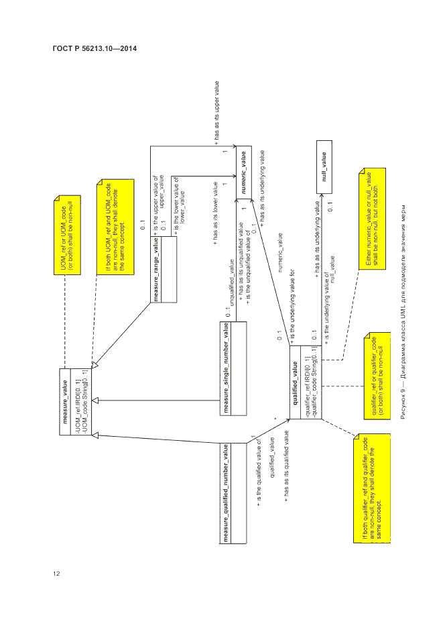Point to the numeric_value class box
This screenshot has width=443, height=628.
[243, 170]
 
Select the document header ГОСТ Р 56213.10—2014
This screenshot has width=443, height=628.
[88, 49]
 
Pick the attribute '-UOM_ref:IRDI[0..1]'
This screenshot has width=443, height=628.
[78, 401]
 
